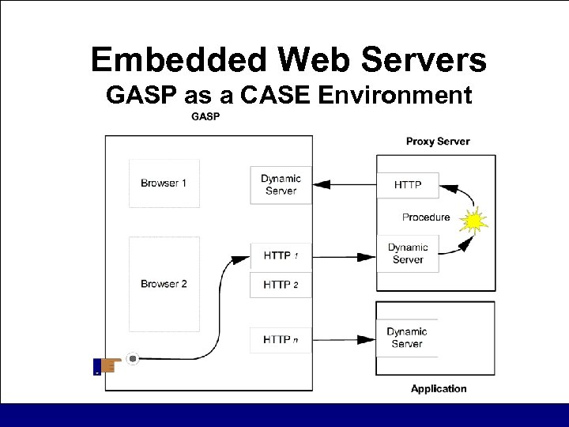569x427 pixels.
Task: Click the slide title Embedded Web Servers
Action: (x=288, y=60)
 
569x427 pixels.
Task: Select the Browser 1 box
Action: (x=164, y=183)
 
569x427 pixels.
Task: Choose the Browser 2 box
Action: (x=164, y=283)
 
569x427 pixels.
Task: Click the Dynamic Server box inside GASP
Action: (x=281, y=184)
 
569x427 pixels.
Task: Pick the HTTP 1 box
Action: (x=281, y=255)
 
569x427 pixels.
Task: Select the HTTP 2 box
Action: (x=281, y=284)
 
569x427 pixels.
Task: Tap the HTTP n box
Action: (x=281, y=340)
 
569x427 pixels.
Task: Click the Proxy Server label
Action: (x=438, y=142)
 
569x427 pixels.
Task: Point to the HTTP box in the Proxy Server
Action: (x=408, y=186)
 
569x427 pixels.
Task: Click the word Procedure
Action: (x=426, y=217)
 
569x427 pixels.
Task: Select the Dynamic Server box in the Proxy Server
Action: (x=408, y=253)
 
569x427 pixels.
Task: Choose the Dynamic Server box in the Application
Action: (x=407, y=338)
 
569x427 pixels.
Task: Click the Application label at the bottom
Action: (x=439, y=388)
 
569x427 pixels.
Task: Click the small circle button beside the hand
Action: (x=133, y=359)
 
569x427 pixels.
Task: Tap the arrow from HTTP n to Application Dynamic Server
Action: (x=345, y=341)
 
